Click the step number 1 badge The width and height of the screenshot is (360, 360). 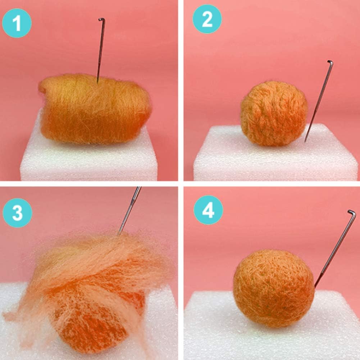tap(17, 23)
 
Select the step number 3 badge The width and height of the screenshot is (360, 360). tap(17, 213)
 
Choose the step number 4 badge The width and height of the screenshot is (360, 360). tap(208, 210)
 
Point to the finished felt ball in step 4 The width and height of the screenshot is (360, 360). tap(273, 288)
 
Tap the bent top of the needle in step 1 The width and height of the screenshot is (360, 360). tap(101, 19)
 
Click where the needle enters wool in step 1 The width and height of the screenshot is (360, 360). tap(97, 82)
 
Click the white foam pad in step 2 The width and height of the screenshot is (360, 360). tap(273, 162)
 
